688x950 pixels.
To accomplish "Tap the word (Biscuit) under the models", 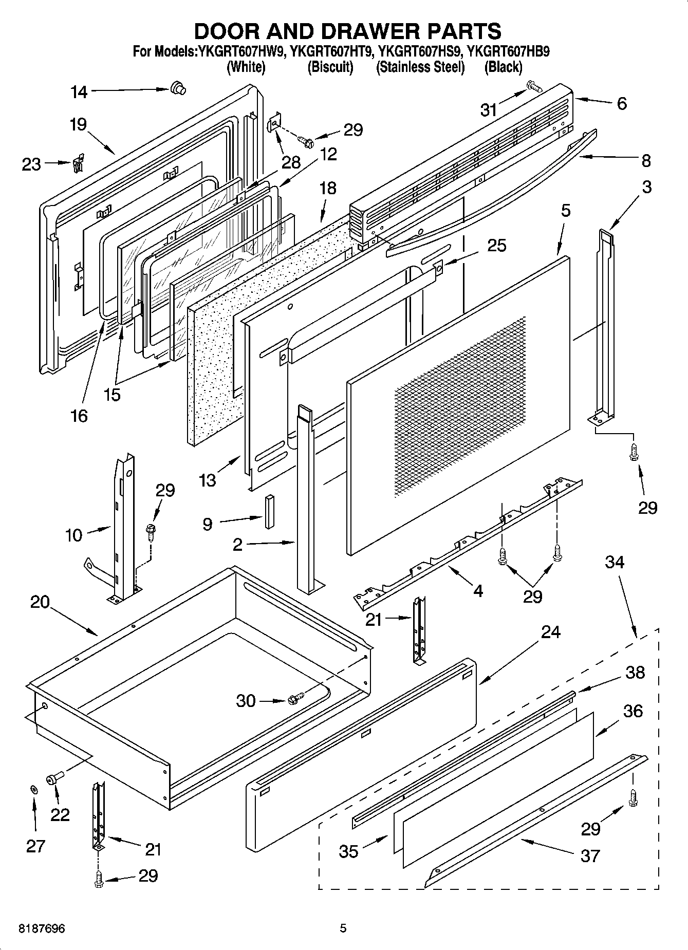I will click(x=330, y=67).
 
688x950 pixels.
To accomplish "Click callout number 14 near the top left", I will click(x=79, y=92).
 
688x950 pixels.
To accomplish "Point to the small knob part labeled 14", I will click(x=178, y=88).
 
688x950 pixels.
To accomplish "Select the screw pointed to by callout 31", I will click(x=534, y=87).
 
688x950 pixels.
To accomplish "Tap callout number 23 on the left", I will click(x=31, y=164).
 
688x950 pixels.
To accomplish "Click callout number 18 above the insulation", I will click(x=327, y=188).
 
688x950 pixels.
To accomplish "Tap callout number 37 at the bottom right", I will click(x=590, y=855).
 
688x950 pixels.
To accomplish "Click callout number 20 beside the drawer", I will click(x=40, y=602).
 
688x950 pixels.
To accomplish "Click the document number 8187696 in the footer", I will click(x=42, y=928).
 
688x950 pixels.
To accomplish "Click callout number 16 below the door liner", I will click(x=79, y=415).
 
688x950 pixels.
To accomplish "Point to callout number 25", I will click(x=496, y=246).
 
